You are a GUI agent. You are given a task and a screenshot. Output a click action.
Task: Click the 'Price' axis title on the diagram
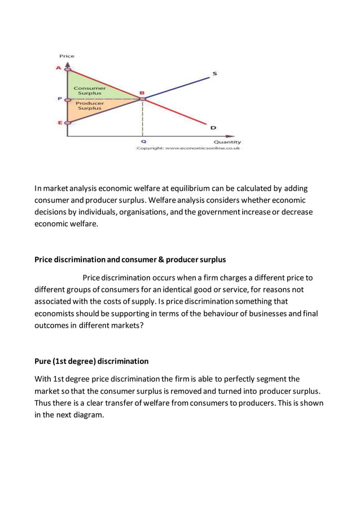tap(67, 56)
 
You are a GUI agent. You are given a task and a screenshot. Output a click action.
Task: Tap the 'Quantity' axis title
tap(227, 142)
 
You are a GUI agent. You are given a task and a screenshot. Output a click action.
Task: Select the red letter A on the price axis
tap(59, 68)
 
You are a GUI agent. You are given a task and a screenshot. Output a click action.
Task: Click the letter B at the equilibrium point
tap(142, 93)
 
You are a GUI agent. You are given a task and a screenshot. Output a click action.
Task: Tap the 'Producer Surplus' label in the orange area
tap(90, 106)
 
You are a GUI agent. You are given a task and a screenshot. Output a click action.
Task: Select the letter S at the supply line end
tap(215, 73)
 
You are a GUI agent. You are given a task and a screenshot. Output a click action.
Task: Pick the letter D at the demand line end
tap(213, 128)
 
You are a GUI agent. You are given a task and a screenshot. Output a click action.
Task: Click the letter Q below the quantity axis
tap(142, 142)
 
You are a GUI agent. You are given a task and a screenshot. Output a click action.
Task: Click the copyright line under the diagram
tap(188, 148)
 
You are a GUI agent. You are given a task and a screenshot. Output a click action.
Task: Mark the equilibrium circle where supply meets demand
tap(142, 99)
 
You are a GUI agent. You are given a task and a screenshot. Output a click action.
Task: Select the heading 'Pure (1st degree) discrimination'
tap(91, 361)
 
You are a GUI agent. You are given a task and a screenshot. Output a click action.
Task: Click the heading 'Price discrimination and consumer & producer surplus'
tap(130, 260)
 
